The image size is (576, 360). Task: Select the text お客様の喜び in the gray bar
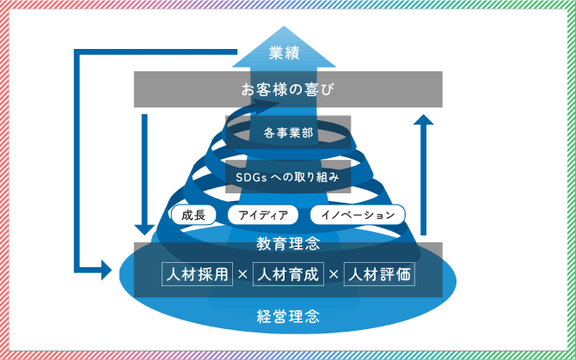(288, 88)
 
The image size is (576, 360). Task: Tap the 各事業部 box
(288, 134)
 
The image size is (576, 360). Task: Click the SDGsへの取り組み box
(288, 177)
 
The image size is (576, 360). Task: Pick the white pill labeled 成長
(193, 215)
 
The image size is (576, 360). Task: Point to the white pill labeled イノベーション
(357, 215)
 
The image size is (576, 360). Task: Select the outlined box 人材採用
(198, 275)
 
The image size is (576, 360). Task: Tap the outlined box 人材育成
(288, 275)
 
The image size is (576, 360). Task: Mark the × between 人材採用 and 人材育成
(242, 276)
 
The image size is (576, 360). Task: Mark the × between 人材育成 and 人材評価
(334, 276)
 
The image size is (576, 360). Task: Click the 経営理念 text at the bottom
(288, 315)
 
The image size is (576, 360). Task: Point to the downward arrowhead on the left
(144, 230)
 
